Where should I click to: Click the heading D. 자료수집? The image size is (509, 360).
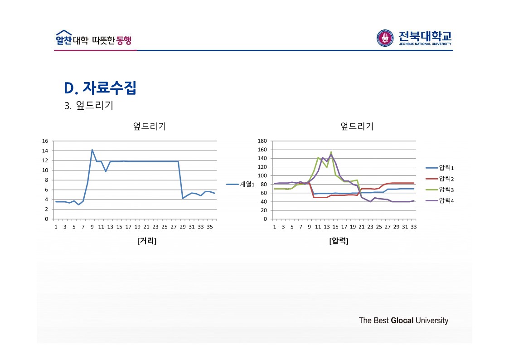point(100,88)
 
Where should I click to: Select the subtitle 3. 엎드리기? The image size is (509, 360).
point(89,106)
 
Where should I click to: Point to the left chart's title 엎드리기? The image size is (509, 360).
point(149,126)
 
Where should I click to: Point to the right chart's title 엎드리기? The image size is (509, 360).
point(357,126)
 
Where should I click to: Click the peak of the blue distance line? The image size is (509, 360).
point(92,150)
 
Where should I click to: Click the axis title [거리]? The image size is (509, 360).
point(146,241)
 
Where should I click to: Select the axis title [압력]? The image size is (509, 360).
point(339,241)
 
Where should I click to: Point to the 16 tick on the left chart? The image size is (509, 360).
point(45,141)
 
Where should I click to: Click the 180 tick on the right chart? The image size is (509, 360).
point(263,141)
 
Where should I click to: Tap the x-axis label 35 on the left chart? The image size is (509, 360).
point(210,227)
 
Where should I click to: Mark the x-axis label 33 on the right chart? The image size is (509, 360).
point(413,227)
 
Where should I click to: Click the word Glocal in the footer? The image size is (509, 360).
point(402,321)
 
